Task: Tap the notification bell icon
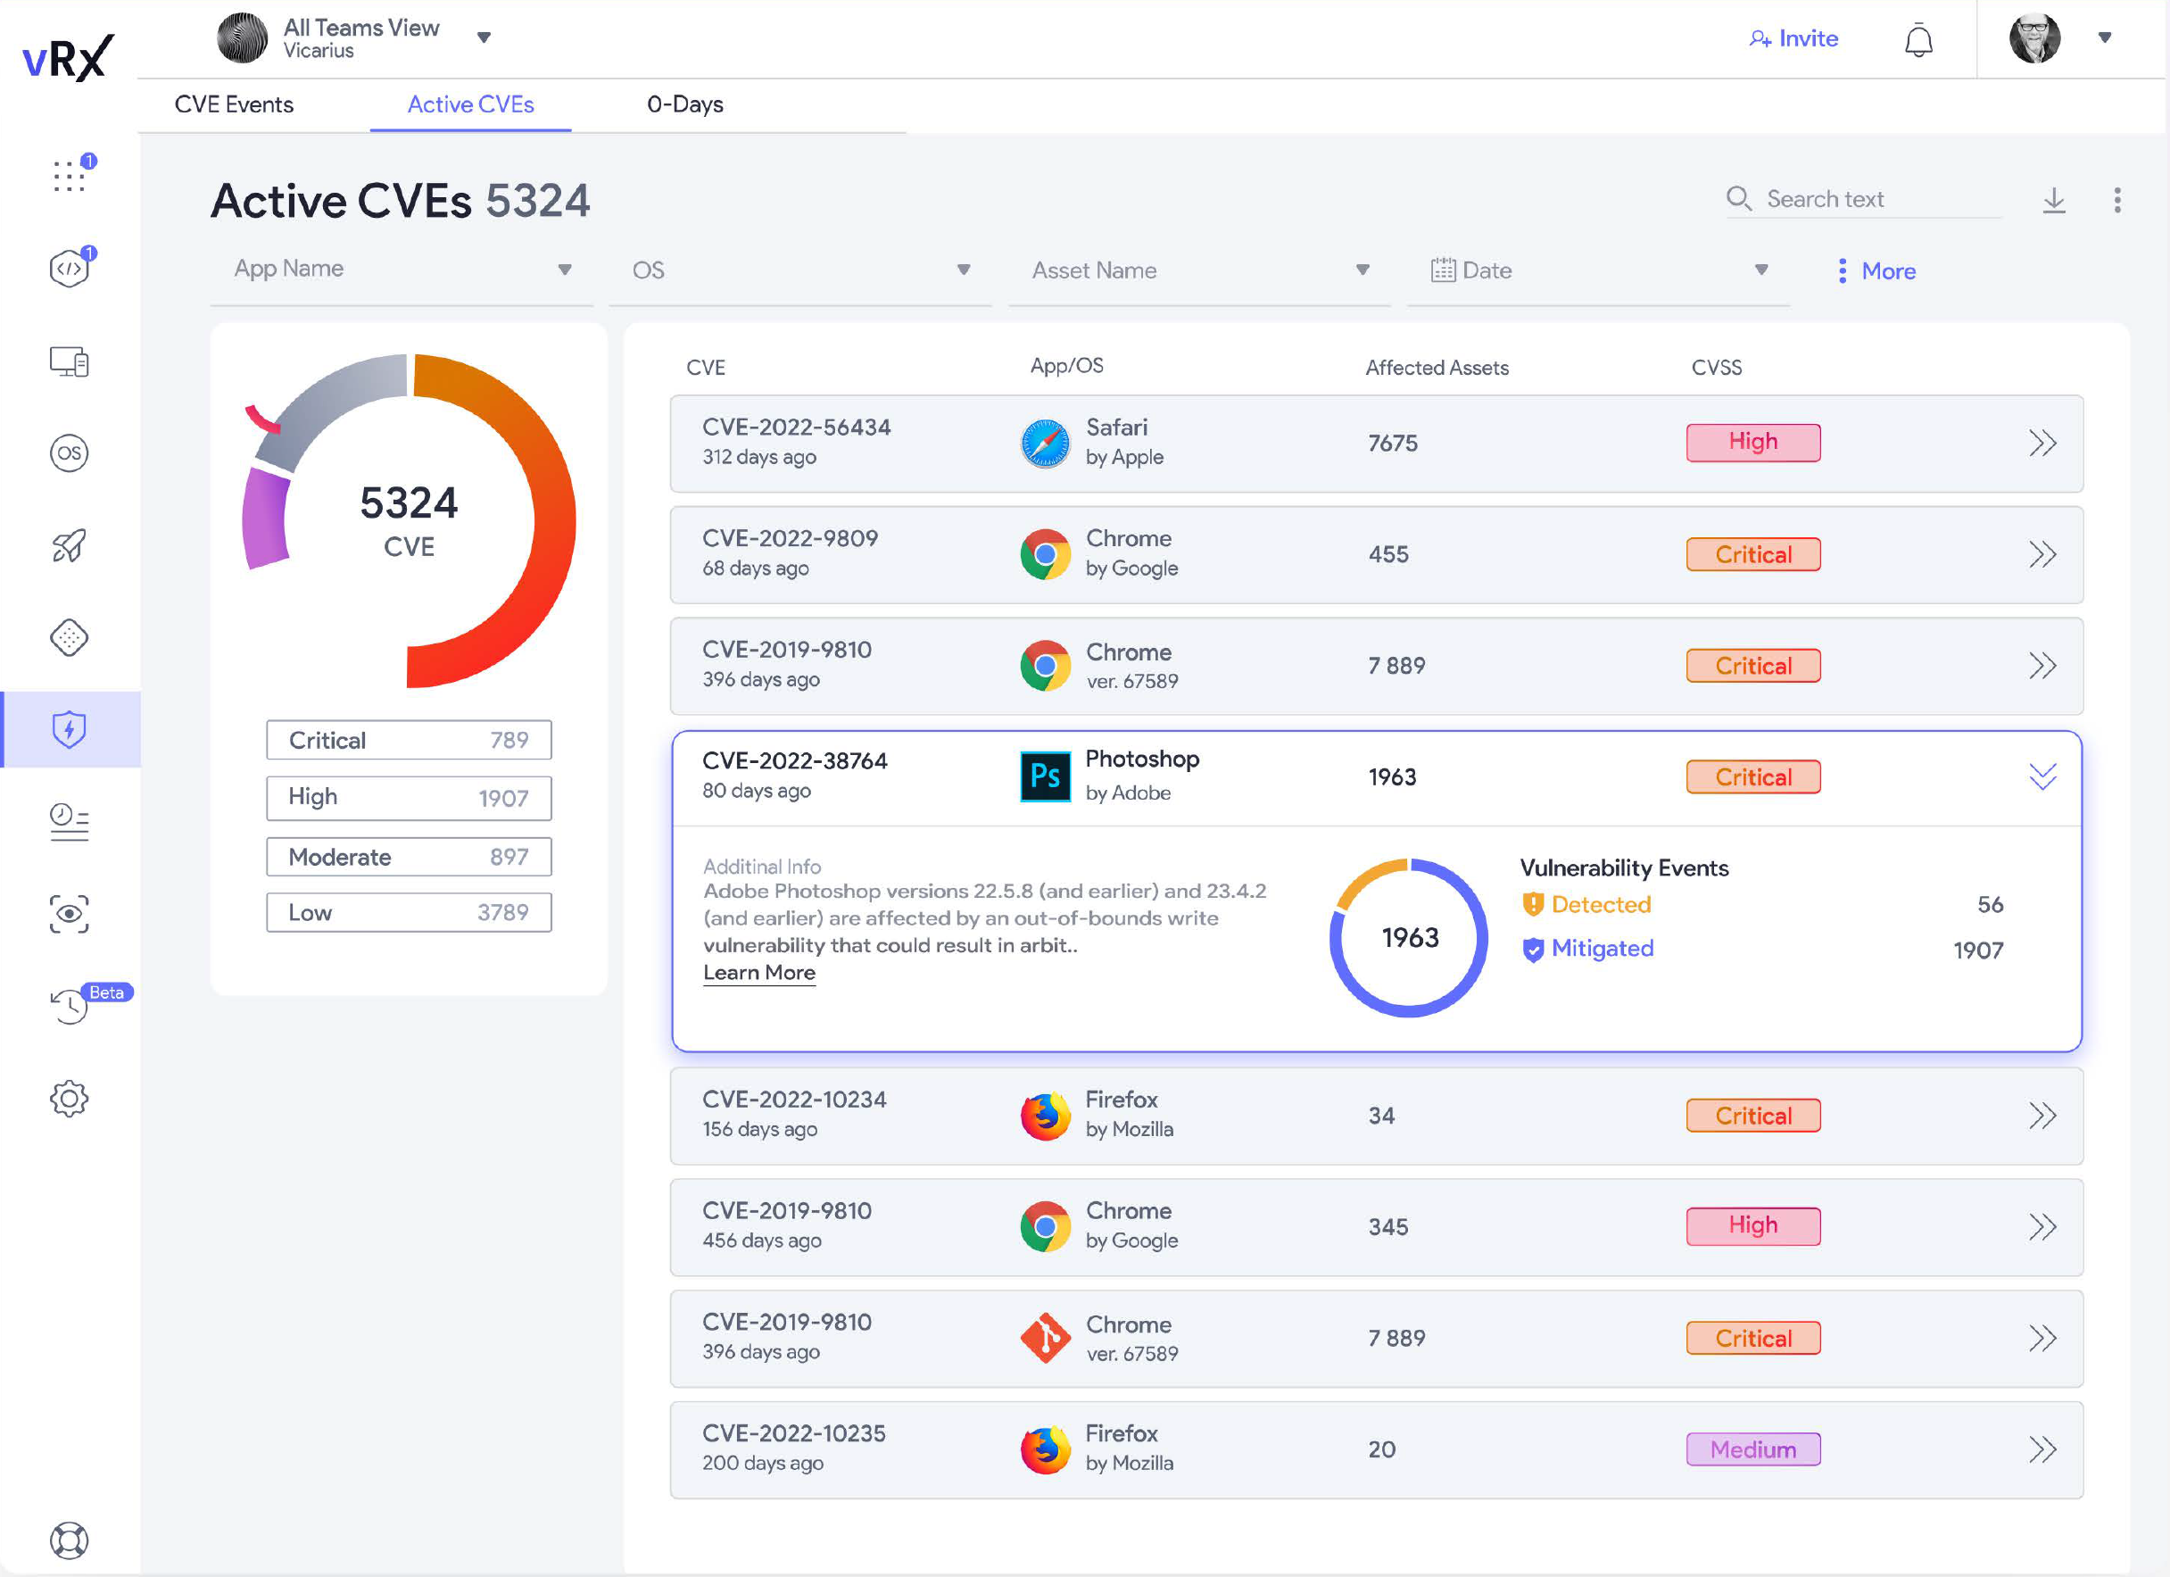(x=1917, y=40)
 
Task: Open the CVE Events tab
(x=234, y=104)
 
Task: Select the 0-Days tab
(x=684, y=104)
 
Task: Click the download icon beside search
(x=2053, y=200)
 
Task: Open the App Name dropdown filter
(x=402, y=270)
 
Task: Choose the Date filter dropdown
(x=1597, y=270)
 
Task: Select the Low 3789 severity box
(x=409, y=912)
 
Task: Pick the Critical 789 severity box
(x=409, y=740)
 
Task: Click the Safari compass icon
(x=1045, y=443)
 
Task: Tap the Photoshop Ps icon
(x=1045, y=776)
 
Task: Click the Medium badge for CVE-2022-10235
(x=1752, y=1448)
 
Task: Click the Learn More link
(x=758, y=972)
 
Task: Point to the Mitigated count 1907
(x=1976, y=950)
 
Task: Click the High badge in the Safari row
(x=1752, y=442)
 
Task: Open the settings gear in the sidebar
(x=69, y=1098)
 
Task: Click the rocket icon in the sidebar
(x=69, y=545)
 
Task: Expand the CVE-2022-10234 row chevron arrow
(x=2041, y=1115)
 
